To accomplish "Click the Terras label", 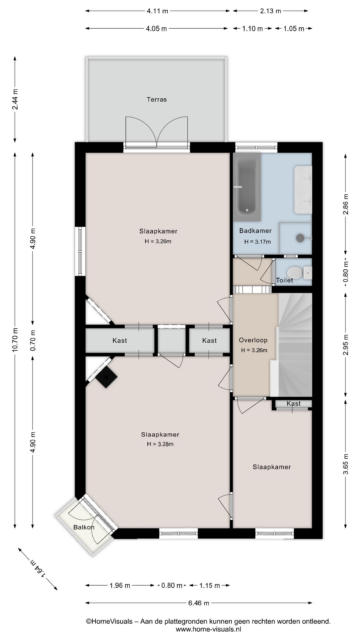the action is pyautogui.click(x=157, y=99).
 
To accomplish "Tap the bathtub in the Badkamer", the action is pyautogui.click(x=247, y=187).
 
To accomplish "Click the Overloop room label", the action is pyautogui.click(x=253, y=340).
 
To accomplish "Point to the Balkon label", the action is pyautogui.click(x=84, y=527).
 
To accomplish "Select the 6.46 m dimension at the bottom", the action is pyautogui.click(x=199, y=603).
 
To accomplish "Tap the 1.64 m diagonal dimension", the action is pyautogui.click(x=37, y=569).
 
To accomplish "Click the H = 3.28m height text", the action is pyautogui.click(x=160, y=444).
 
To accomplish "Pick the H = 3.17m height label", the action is pyautogui.click(x=257, y=242).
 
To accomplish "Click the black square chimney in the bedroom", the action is pyautogui.click(x=107, y=377).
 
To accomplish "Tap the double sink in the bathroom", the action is pyautogui.click(x=303, y=190).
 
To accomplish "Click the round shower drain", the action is pyautogui.click(x=300, y=237).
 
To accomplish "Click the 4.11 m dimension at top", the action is pyautogui.click(x=157, y=11).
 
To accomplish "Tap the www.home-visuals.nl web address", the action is pyautogui.click(x=208, y=629).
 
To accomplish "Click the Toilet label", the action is pyautogui.click(x=285, y=280).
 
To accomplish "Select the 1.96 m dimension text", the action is pyautogui.click(x=120, y=585).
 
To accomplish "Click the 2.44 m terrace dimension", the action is pyautogui.click(x=15, y=99).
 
